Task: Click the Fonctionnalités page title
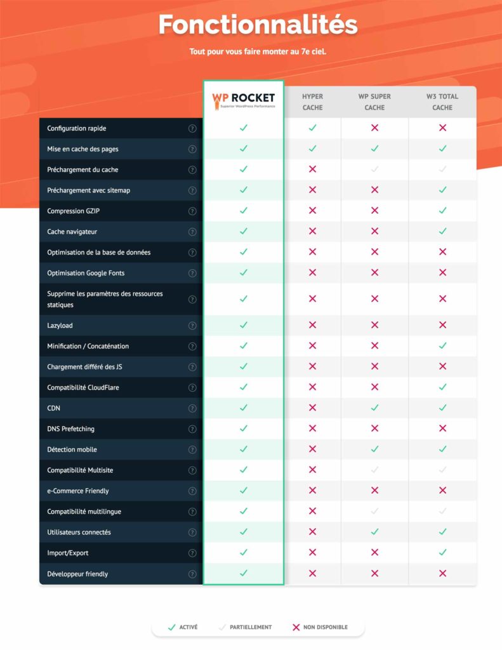click(x=258, y=24)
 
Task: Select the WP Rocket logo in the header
click(x=243, y=100)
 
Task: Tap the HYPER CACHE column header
click(x=312, y=102)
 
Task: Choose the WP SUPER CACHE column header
click(x=374, y=102)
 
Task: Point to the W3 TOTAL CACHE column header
click(x=442, y=102)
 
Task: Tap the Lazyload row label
click(x=60, y=325)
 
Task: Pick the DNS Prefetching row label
click(x=70, y=428)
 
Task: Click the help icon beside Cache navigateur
click(x=192, y=232)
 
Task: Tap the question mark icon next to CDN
click(x=192, y=408)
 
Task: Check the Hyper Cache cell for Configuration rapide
click(x=312, y=128)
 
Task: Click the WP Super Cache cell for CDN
click(x=374, y=408)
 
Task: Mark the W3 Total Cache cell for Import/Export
click(x=442, y=553)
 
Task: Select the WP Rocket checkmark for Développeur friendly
click(x=243, y=573)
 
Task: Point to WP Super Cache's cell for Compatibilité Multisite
click(x=374, y=470)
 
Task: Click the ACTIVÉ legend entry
click(x=182, y=627)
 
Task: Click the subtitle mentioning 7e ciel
click(x=258, y=51)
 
